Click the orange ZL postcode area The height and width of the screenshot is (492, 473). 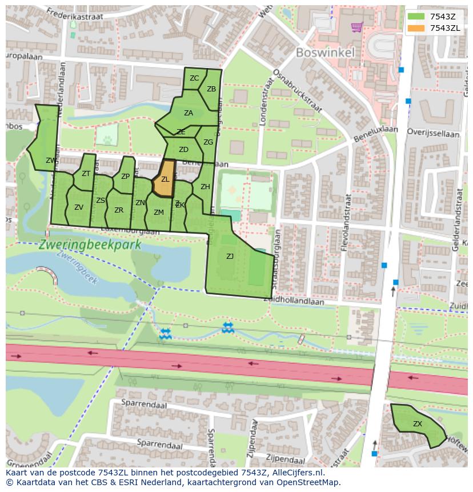(165, 180)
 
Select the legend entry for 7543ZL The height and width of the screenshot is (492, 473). (445, 27)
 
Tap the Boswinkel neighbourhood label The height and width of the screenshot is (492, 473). (325, 53)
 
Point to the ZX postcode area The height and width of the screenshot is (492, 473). (418, 424)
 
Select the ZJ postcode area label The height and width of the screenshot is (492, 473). (230, 257)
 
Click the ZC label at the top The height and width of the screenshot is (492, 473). (194, 78)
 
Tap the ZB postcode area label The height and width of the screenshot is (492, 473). (211, 89)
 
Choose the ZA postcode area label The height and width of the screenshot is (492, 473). (189, 113)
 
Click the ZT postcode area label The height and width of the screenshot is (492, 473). (86, 174)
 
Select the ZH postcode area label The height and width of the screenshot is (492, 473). (205, 187)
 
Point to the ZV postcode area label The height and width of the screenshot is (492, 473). (79, 207)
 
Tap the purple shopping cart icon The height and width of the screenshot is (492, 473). (357, 26)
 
